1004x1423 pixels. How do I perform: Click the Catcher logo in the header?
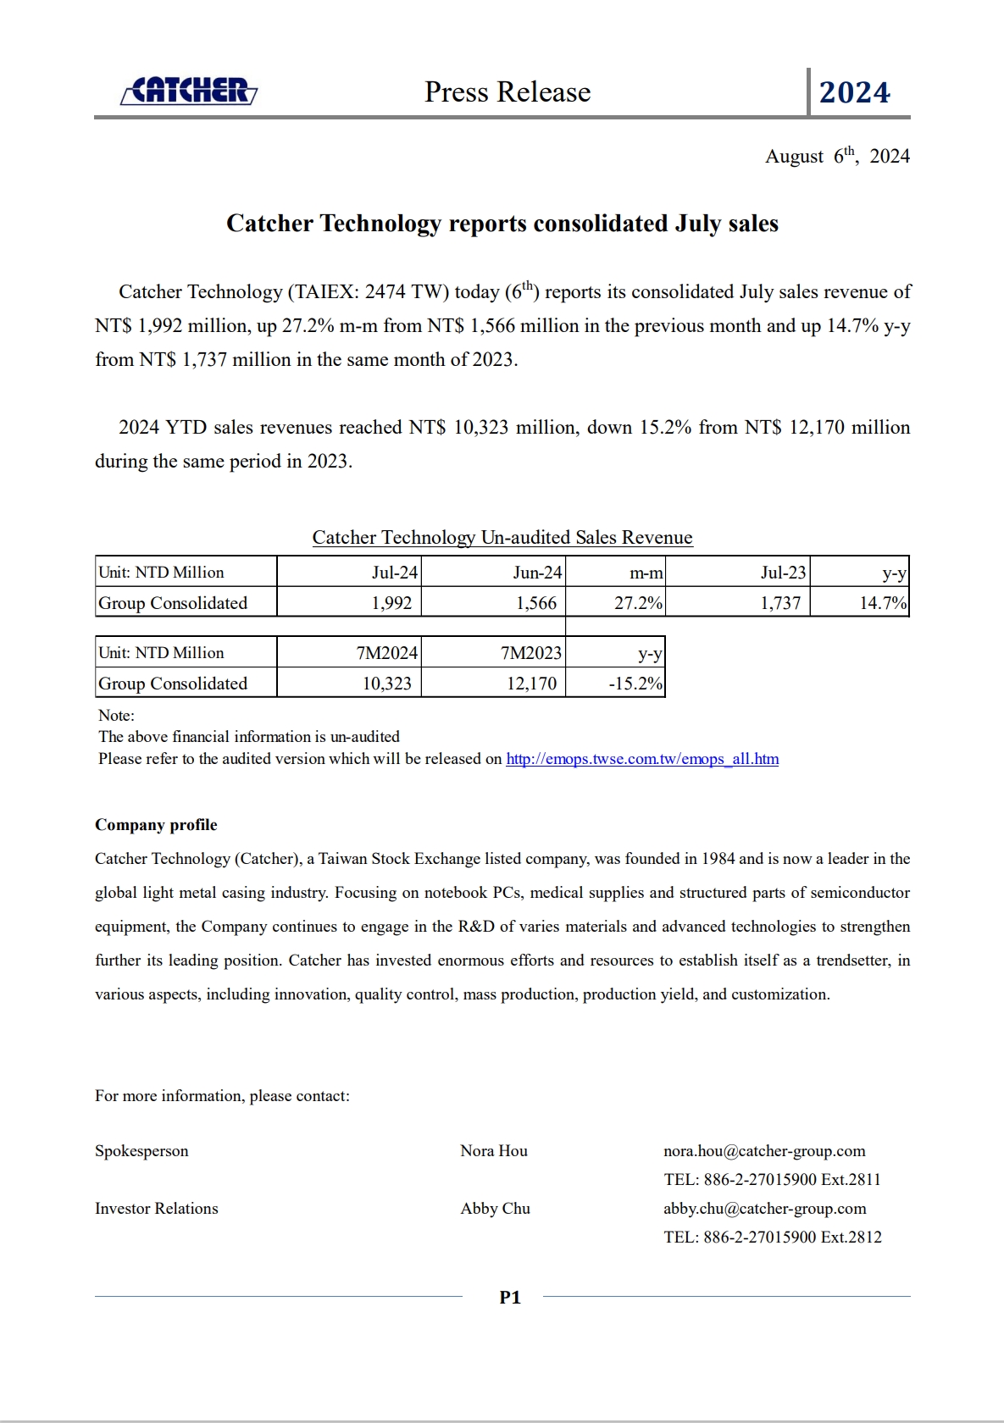(x=189, y=91)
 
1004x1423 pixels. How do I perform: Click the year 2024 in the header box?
(x=854, y=92)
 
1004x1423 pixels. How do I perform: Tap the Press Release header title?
(x=508, y=91)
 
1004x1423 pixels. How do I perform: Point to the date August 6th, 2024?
(x=837, y=156)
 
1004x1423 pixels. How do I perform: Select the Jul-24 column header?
(x=394, y=573)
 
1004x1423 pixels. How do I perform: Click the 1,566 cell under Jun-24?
(x=536, y=603)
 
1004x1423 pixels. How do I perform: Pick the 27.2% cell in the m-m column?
(x=638, y=603)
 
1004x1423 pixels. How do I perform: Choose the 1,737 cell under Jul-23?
(x=780, y=603)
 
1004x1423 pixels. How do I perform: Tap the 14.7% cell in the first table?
(x=883, y=603)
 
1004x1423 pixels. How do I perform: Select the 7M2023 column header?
(x=531, y=653)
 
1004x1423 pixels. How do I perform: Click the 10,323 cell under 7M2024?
(x=387, y=684)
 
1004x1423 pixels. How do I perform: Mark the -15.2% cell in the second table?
(x=635, y=684)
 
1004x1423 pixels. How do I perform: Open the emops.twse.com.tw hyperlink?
(x=642, y=759)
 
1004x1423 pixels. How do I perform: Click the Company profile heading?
(x=156, y=825)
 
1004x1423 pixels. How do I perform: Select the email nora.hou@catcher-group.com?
(x=764, y=1151)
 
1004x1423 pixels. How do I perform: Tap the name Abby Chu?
(x=496, y=1209)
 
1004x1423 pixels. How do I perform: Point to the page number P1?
(x=510, y=1298)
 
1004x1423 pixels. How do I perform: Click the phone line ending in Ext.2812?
(x=773, y=1238)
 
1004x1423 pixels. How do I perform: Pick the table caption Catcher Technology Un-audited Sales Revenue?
(x=502, y=538)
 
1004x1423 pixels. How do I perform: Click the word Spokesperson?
(x=141, y=1151)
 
